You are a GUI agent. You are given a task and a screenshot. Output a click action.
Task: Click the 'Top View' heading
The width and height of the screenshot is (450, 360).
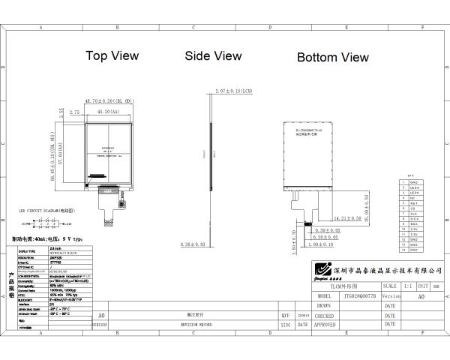tap(112, 55)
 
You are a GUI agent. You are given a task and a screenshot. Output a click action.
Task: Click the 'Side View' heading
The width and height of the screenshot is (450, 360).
tap(213, 55)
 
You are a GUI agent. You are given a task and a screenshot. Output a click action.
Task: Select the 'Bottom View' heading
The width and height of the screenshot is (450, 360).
tap(333, 57)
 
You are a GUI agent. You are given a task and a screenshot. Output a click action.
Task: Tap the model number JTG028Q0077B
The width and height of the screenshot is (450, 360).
tap(355, 296)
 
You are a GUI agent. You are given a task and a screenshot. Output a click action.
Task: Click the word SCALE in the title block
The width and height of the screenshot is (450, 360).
tap(390, 286)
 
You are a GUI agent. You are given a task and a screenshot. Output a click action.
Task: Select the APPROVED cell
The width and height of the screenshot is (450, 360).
tap(325, 325)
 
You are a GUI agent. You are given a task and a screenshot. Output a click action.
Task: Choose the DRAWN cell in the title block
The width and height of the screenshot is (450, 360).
tap(325, 306)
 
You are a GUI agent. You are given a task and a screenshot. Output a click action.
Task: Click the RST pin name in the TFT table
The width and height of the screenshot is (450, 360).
tap(412, 202)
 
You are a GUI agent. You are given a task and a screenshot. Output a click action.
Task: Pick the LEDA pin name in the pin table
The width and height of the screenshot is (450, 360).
tap(412, 187)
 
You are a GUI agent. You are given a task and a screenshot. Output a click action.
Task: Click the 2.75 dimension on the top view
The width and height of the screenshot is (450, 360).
tap(74, 112)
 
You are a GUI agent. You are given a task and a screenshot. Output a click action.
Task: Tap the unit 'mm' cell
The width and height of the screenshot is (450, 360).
tap(435, 286)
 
